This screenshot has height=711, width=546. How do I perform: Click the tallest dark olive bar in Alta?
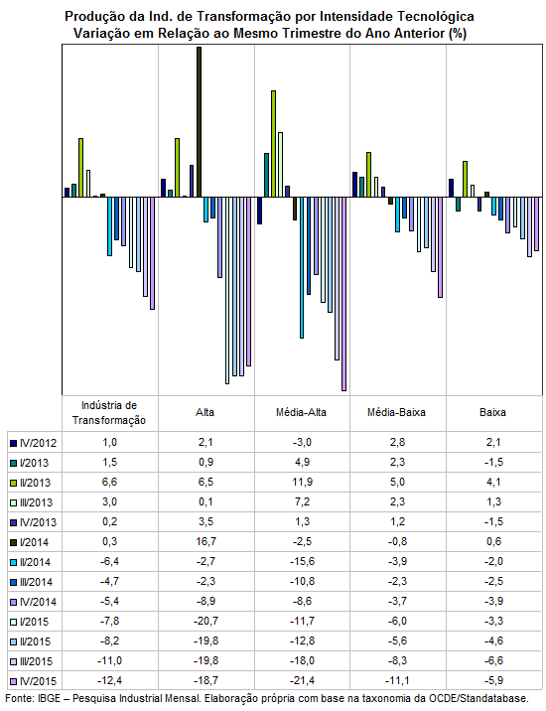point(199,122)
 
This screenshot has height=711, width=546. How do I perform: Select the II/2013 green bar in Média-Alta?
point(273,144)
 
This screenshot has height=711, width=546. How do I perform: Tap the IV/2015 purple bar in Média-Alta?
point(343,294)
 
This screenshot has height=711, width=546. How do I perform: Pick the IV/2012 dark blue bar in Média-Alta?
point(259,211)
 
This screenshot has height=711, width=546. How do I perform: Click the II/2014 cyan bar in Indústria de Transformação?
point(110,226)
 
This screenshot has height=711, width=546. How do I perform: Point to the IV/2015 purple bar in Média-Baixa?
point(440,247)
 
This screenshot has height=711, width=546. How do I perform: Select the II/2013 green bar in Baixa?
point(465,179)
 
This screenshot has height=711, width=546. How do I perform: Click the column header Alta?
point(205,413)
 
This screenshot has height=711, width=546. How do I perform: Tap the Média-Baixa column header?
point(396,413)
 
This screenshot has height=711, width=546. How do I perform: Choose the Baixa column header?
point(493,413)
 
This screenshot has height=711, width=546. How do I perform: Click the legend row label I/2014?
point(34,542)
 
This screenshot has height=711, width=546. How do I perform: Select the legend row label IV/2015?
point(38,681)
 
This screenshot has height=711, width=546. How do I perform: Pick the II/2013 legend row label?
point(35,483)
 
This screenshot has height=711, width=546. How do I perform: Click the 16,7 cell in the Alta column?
point(205,542)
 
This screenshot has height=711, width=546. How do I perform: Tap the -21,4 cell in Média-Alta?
point(302,680)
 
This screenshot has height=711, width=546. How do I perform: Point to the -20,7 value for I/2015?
point(205,622)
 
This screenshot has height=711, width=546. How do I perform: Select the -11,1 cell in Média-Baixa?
point(397,680)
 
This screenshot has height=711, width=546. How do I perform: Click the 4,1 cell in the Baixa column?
point(493,482)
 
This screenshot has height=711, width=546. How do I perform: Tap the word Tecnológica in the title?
point(436,17)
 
